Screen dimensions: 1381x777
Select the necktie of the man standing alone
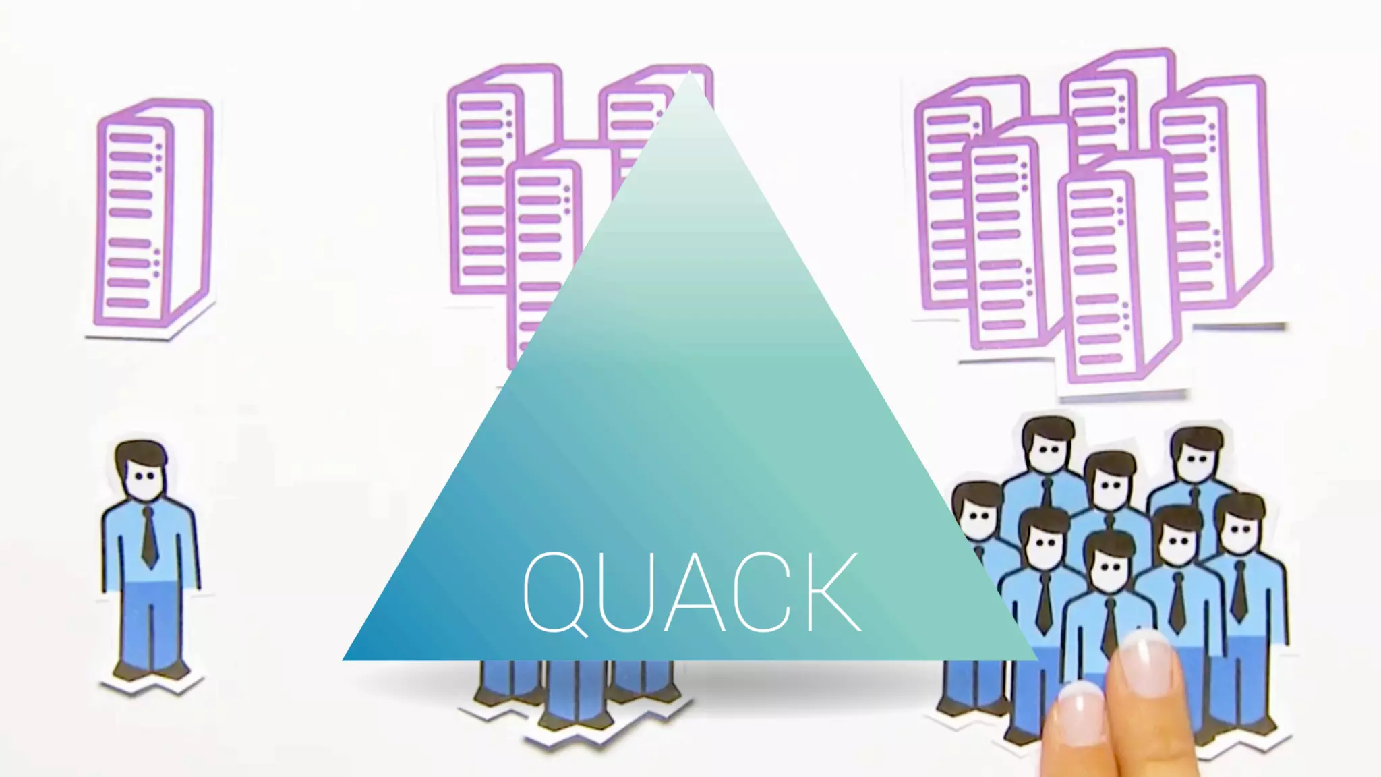(149, 536)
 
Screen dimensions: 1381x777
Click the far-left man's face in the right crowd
(975, 516)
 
